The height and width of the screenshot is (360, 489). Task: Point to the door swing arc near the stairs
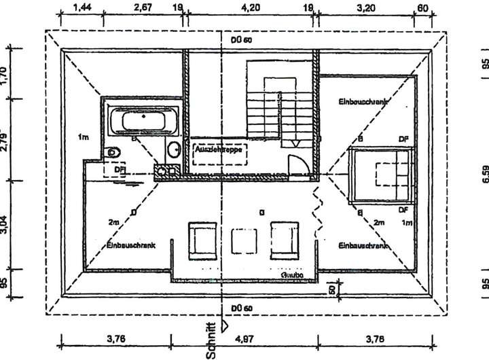coord(297,165)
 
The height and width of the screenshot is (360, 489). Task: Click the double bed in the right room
coord(384,173)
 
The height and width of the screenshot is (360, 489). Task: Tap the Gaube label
coord(291,275)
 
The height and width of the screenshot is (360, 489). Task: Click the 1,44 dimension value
coord(81,8)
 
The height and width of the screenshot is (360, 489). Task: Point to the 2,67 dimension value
coord(143,8)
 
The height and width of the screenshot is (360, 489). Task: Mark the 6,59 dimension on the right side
coord(485,174)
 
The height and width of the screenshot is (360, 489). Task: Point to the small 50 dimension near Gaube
coord(333,289)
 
